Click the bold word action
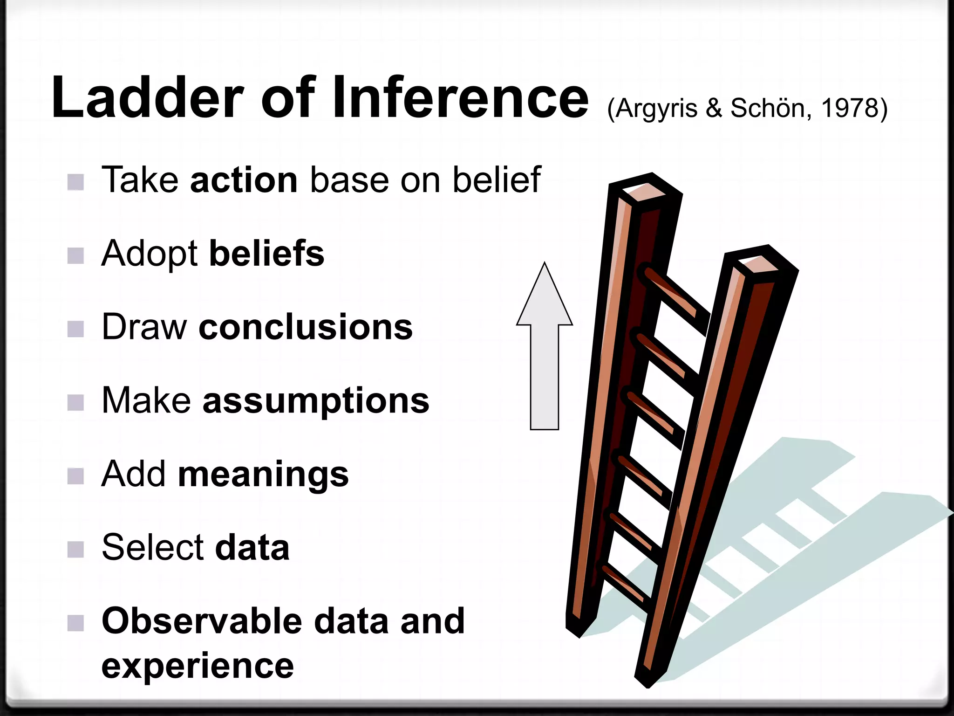click(x=244, y=180)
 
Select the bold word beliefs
click(x=266, y=254)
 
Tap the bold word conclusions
click(x=306, y=327)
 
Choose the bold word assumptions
click(x=316, y=401)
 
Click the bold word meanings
click(x=263, y=475)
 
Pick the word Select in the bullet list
click(x=153, y=547)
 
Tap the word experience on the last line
click(x=198, y=666)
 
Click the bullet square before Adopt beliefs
click(x=75, y=255)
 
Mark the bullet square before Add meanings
click(x=75, y=476)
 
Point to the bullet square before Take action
click(x=75, y=182)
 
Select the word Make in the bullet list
click(x=146, y=401)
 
